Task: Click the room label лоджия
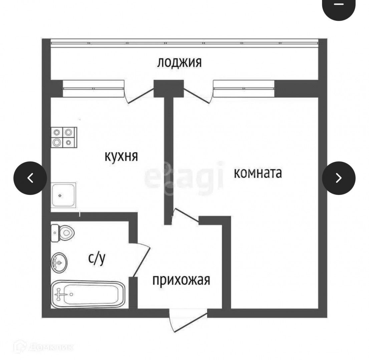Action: point(179,62)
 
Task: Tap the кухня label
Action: point(121,156)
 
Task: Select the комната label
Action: point(258,173)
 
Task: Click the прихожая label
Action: point(181,280)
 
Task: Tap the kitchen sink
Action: point(63,195)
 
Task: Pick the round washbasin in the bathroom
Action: point(59,262)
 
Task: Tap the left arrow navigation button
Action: point(30,178)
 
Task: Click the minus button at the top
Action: point(339,5)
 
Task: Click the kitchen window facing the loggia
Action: point(93,88)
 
